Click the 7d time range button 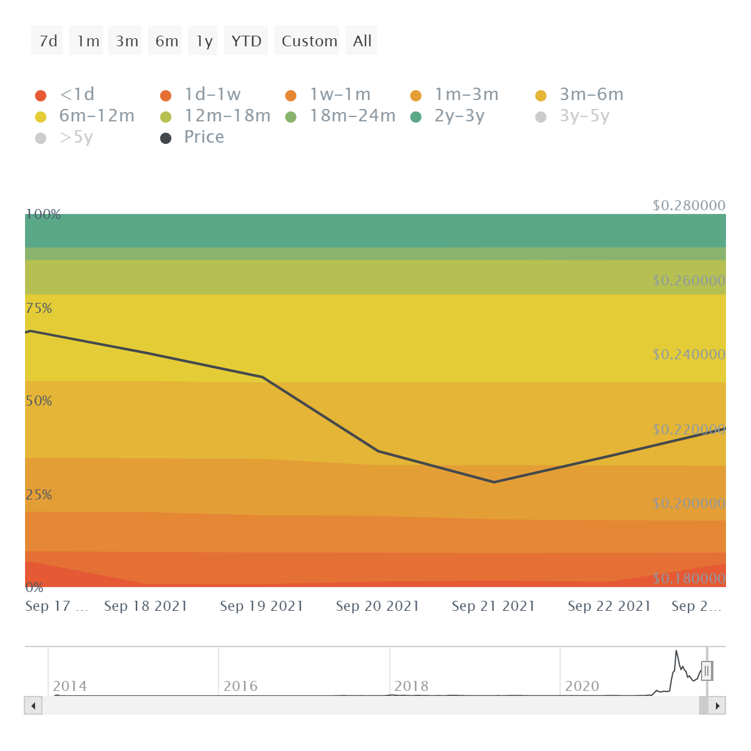tap(48, 41)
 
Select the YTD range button tap(246, 41)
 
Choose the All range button tap(362, 41)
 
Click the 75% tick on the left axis tap(39, 308)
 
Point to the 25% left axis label tap(39, 494)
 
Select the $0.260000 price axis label tap(688, 280)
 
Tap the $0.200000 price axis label tap(688, 503)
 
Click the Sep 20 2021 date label tap(377, 606)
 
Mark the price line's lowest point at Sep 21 tap(494, 482)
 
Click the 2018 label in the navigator tap(411, 686)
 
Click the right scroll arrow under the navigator tap(718, 706)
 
